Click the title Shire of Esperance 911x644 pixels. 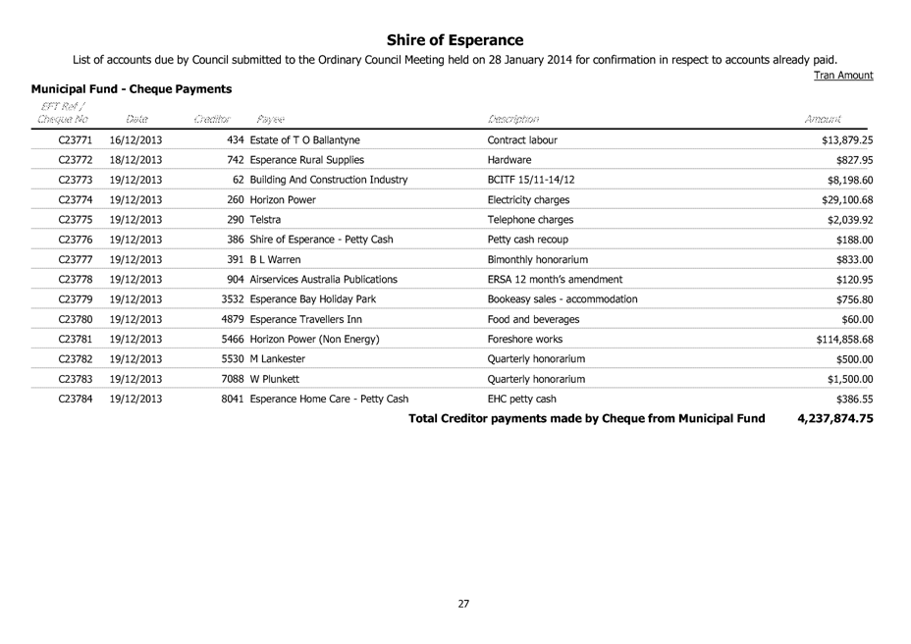pos(455,40)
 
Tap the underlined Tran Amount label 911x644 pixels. pos(844,76)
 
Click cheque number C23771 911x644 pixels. pos(76,140)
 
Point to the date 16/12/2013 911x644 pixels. pos(136,140)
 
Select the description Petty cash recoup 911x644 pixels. pos(527,240)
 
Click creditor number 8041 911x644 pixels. pos(234,399)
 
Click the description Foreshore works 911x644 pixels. pos(524,340)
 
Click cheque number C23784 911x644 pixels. pos(76,399)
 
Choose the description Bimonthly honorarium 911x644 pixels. pos(537,259)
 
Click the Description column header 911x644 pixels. pos(513,119)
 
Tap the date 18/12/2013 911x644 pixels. pos(136,160)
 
